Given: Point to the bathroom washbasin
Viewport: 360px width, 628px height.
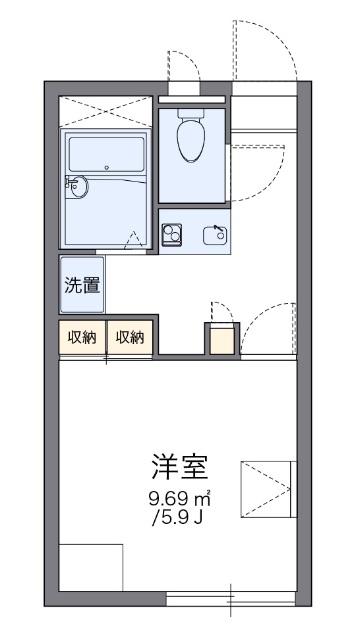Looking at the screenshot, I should click(77, 185).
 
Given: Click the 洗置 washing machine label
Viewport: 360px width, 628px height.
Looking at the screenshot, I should click(82, 284).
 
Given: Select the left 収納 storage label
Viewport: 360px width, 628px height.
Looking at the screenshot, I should click(81, 337).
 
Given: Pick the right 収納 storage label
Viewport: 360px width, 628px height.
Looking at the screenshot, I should click(128, 337).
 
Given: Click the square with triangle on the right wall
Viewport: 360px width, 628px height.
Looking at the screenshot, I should click(268, 490).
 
